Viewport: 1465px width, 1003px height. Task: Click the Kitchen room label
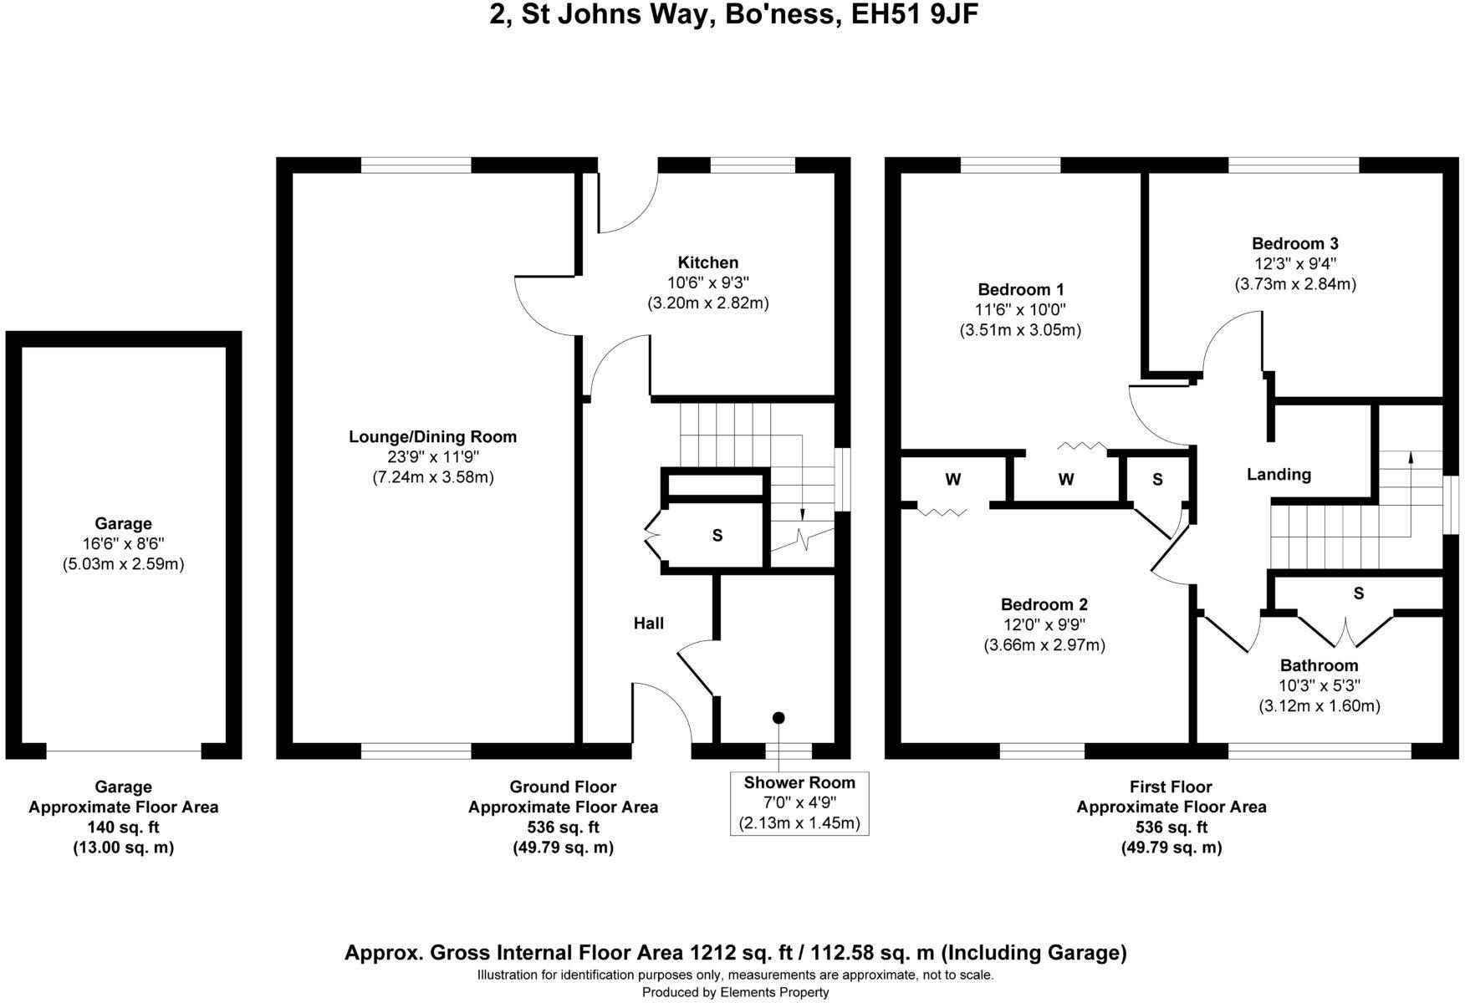(707, 262)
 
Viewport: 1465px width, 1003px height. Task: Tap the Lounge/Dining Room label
(432, 436)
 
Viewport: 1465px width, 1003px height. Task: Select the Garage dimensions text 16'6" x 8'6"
(123, 544)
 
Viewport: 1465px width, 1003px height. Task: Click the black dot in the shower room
(778, 718)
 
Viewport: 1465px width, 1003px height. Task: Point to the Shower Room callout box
(799, 803)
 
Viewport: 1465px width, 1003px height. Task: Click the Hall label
(648, 623)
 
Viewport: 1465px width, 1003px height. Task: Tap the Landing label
(1279, 475)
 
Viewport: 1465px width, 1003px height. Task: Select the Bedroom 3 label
(1294, 244)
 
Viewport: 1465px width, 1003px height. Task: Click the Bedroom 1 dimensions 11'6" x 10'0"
(1020, 310)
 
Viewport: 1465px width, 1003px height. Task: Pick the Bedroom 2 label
(1044, 604)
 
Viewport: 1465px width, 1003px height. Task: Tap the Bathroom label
(1319, 665)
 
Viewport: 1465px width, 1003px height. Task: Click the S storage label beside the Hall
(717, 536)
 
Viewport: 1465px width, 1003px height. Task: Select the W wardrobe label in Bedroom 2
(952, 480)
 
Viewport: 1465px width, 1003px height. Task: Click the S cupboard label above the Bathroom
(1358, 593)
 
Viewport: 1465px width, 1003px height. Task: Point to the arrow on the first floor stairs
(1411, 458)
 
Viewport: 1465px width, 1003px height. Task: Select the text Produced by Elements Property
(735, 992)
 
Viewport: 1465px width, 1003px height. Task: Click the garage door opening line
(124, 751)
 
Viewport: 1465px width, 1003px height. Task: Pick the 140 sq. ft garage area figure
(123, 827)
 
